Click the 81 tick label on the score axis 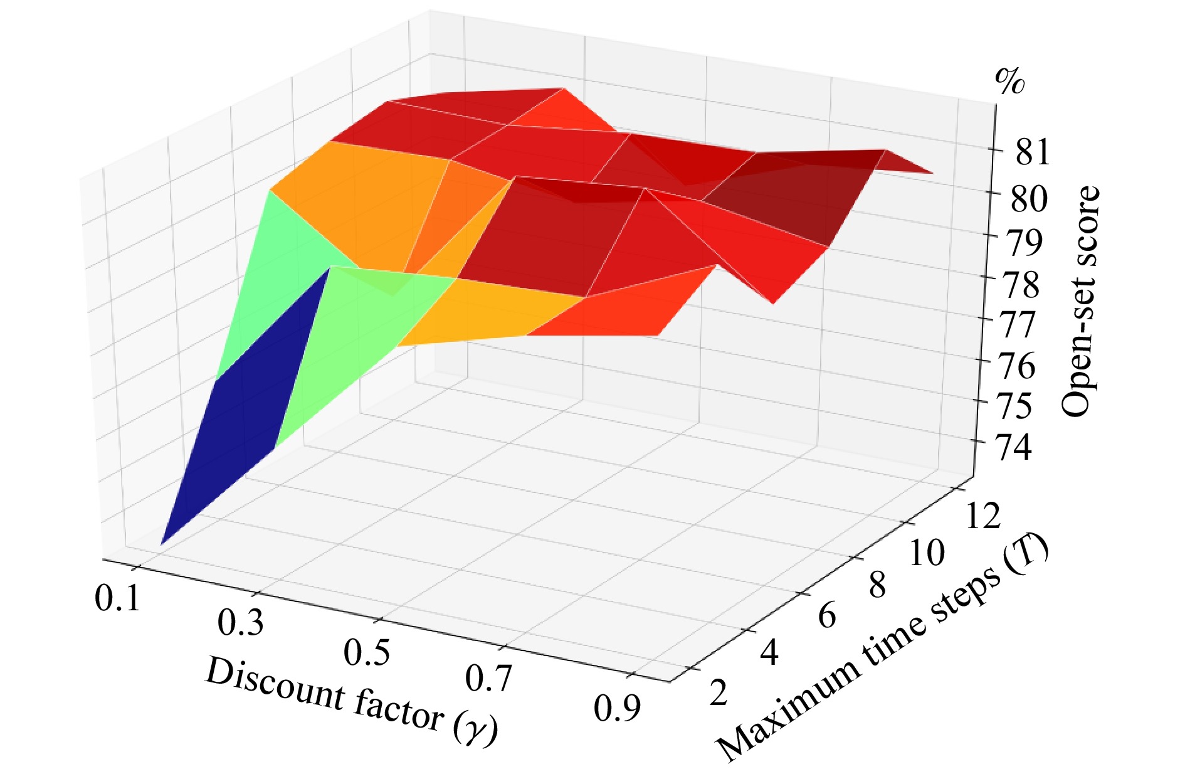click(1032, 153)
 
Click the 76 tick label click(1016, 366)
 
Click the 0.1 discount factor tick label click(117, 598)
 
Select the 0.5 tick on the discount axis click(367, 652)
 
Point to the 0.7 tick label click(489, 679)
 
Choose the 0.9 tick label click(618, 709)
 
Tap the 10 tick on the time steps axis click(926, 554)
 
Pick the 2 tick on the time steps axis click(719, 694)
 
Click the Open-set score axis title click(1080, 301)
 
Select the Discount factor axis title click(351, 702)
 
